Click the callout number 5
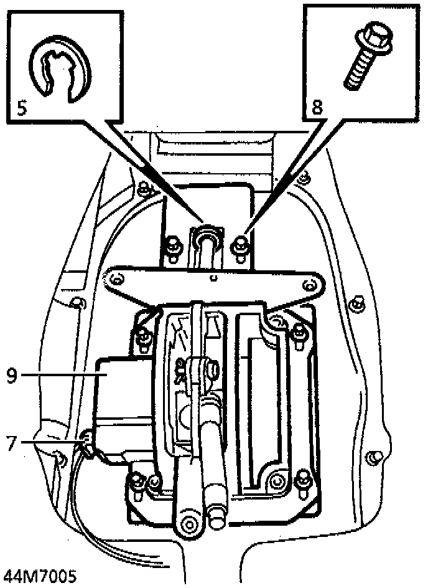(21, 107)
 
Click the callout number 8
(317, 107)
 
